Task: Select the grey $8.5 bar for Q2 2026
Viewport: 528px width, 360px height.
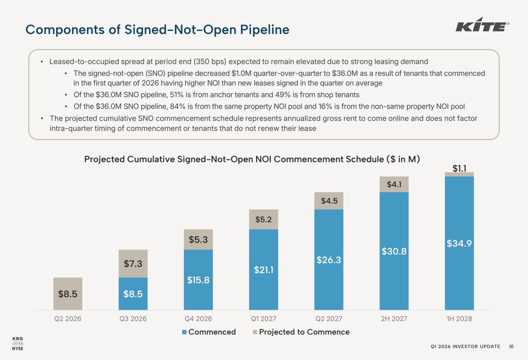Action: point(68,294)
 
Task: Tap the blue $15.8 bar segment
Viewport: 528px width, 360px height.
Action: point(198,280)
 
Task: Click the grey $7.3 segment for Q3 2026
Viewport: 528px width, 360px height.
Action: point(133,264)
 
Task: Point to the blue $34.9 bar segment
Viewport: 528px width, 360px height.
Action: point(459,243)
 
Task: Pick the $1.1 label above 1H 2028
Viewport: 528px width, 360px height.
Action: point(459,168)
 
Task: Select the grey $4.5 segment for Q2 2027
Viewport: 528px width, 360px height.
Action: point(329,201)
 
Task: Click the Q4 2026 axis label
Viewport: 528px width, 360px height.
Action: point(198,319)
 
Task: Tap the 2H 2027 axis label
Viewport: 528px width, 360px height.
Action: point(394,319)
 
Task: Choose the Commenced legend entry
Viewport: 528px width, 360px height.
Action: point(209,332)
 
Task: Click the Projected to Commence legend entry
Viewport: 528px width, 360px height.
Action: point(301,332)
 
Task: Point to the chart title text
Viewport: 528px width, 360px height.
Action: point(252,159)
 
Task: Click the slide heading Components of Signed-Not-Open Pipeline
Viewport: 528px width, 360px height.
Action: point(157,30)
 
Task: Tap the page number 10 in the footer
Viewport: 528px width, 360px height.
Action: point(511,346)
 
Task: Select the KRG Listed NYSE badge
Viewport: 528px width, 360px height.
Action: point(18,343)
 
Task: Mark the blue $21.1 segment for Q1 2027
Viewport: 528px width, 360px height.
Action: point(263,270)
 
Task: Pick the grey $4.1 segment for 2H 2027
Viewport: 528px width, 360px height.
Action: point(394,184)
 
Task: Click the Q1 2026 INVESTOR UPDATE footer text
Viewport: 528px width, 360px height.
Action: point(465,346)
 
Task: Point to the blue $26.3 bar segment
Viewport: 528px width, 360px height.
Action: point(329,260)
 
